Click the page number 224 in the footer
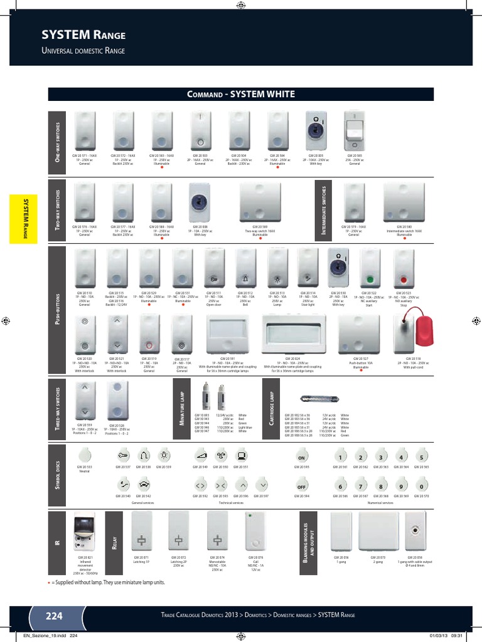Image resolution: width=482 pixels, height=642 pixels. (x=54, y=616)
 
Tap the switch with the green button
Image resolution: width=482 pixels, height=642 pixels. (x=369, y=270)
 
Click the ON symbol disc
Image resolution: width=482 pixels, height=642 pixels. (x=301, y=457)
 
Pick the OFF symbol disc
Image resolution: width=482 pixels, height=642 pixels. (x=301, y=487)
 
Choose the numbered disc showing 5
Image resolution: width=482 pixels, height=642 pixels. (x=422, y=457)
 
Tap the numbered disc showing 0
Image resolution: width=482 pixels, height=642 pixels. (x=422, y=487)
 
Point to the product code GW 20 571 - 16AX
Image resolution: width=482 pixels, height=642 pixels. (x=85, y=155)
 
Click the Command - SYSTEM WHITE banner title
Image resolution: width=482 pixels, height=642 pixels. (x=241, y=95)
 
